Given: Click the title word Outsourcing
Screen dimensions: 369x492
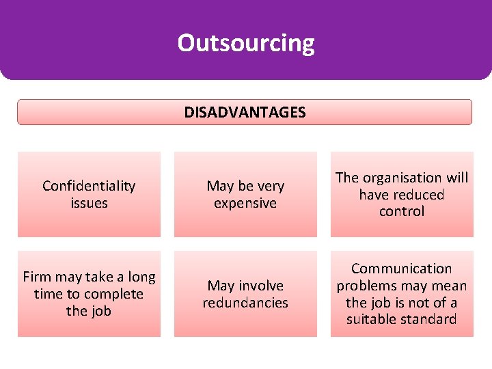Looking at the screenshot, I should point(246,43).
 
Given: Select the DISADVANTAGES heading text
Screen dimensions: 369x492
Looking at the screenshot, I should point(245,112).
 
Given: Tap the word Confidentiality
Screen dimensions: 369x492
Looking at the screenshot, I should point(89,186).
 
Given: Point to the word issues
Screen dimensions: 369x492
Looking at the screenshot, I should point(89,203).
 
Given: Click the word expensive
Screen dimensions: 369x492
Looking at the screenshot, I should point(245,203).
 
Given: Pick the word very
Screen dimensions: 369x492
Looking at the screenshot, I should point(270,186).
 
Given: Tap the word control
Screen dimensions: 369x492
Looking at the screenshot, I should point(402,211).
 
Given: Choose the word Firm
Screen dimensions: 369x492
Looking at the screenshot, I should point(37,277).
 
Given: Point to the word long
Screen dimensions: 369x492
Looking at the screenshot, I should point(141,277).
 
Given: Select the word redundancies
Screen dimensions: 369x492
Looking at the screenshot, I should point(245,302).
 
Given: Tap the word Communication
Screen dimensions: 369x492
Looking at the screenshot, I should point(402,269).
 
